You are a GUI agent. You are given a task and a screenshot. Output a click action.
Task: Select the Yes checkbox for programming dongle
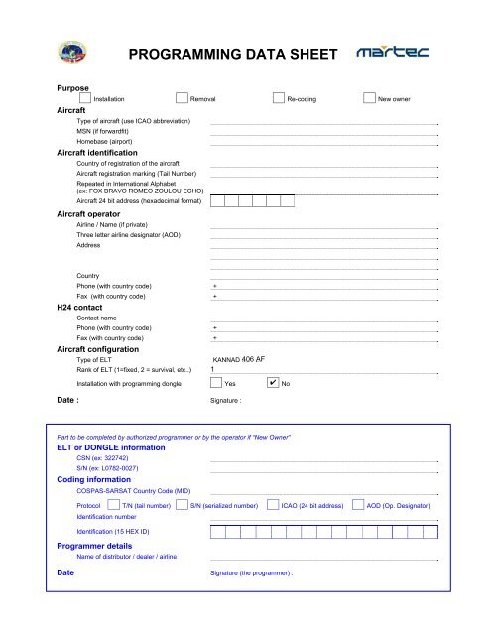click(x=216, y=382)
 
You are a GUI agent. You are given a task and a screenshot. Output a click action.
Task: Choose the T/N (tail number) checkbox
click(x=113, y=504)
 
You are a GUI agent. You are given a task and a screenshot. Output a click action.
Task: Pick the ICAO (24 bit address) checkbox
click(x=274, y=504)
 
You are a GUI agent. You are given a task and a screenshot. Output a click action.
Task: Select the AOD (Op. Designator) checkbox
click(x=358, y=504)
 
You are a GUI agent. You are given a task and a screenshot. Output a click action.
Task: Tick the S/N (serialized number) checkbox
click(x=182, y=504)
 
